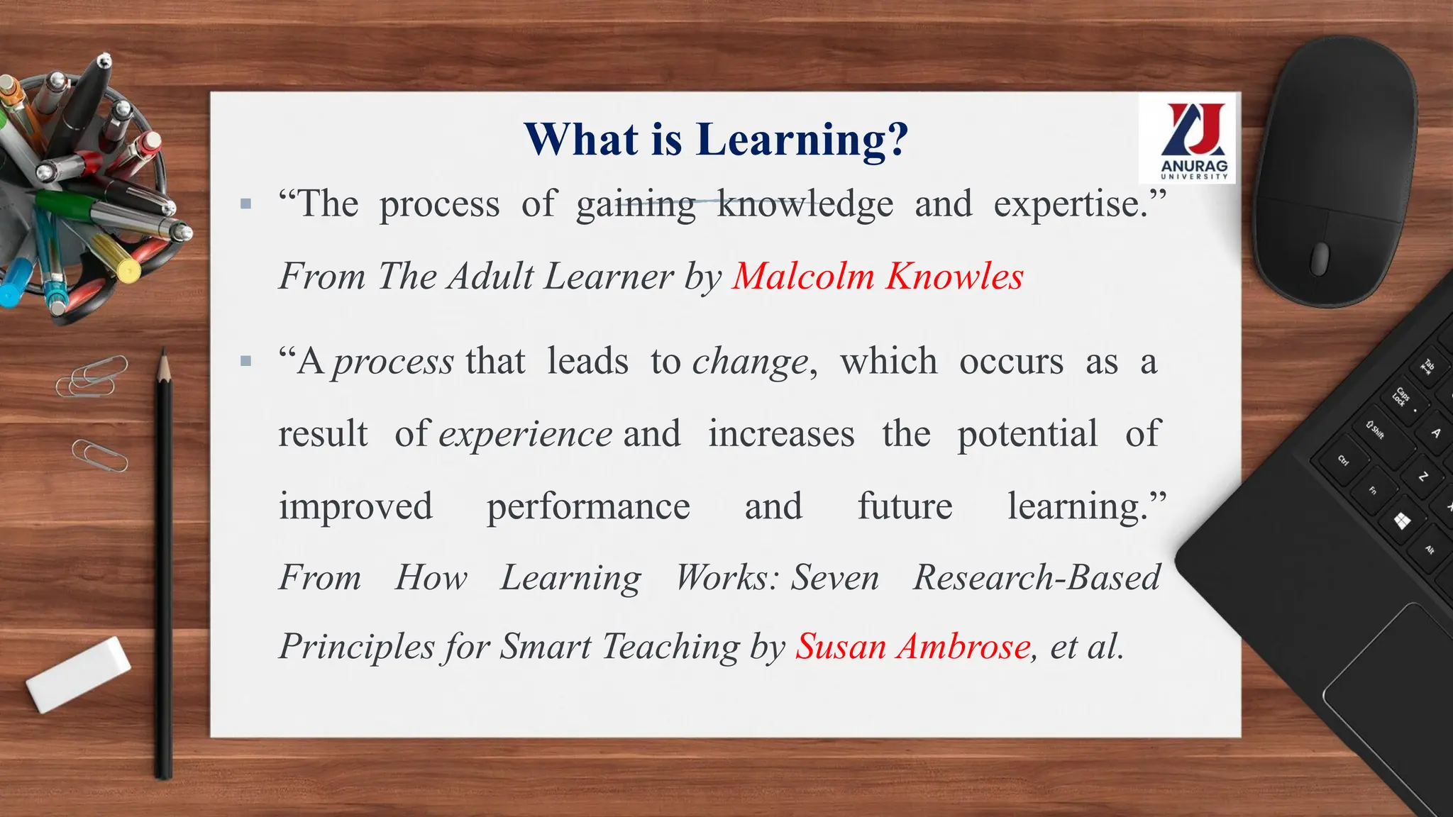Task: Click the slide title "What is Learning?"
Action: (x=716, y=139)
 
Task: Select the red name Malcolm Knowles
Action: (x=878, y=276)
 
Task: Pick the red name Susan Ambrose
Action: (x=912, y=646)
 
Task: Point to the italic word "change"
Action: (x=751, y=362)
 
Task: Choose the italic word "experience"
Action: (x=525, y=434)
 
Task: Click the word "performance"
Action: (x=588, y=506)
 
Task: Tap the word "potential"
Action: (x=1027, y=433)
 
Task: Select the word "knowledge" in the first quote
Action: (x=805, y=205)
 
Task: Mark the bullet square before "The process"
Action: (x=246, y=204)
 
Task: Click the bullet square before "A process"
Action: (x=246, y=362)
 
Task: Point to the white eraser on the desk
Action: (x=78, y=674)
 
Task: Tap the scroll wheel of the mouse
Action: (x=1320, y=258)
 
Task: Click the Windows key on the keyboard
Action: (x=1402, y=522)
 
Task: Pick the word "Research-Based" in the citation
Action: (x=1037, y=577)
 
